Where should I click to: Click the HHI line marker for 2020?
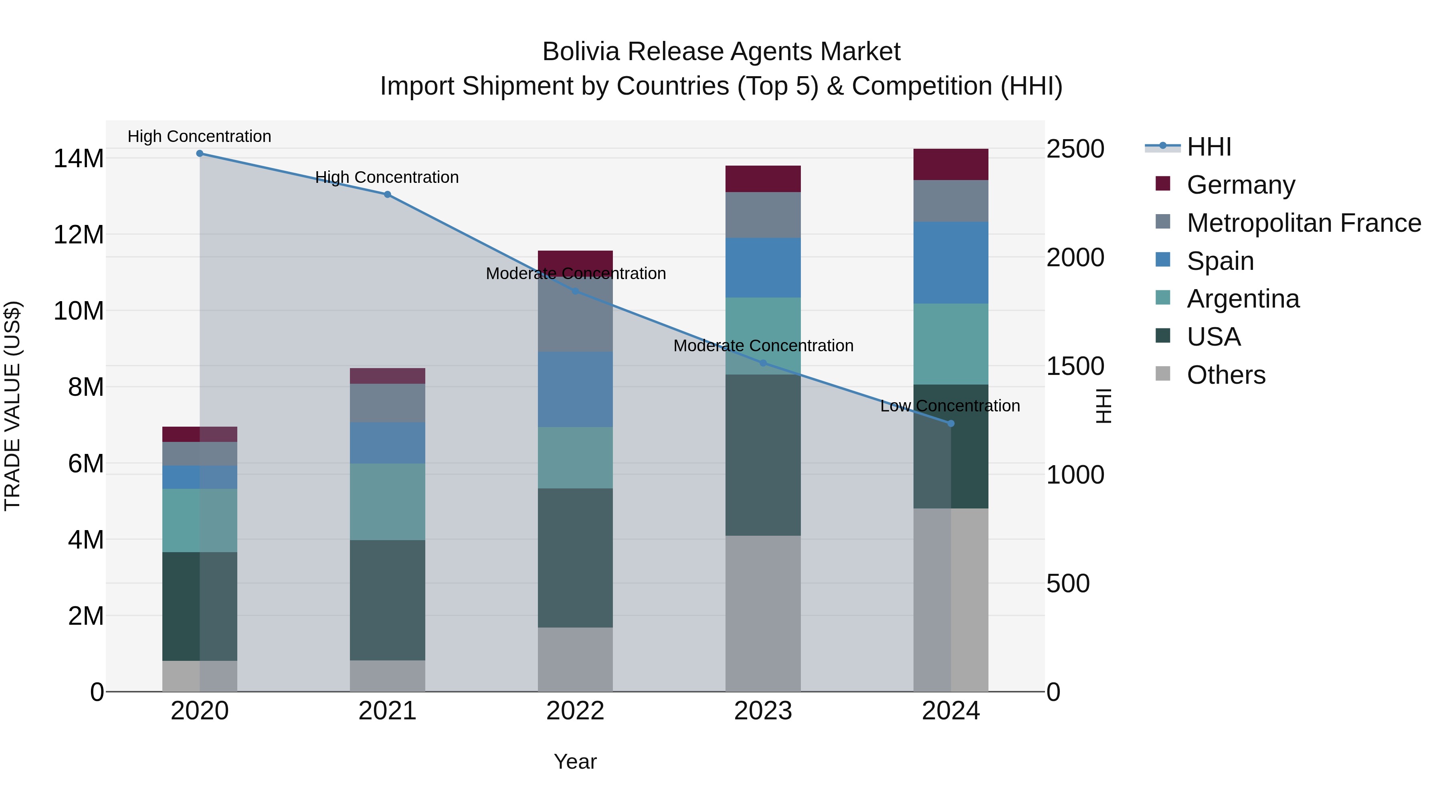click(x=200, y=154)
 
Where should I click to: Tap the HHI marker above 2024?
click(x=951, y=424)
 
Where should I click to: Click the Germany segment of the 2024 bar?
click(x=951, y=165)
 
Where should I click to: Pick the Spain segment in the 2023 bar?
click(x=763, y=267)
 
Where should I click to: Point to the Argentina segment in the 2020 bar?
click(x=200, y=520)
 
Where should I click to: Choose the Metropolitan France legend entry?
click(x=1304, y=223)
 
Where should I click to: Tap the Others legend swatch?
click(x=1163, y=374)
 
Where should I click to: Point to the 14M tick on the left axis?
click(x=79, y=158)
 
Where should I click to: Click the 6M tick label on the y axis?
click(x=86, y=464)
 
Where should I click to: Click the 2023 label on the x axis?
click(x=763, y=711)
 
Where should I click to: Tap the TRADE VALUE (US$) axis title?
click(x=12, y=406)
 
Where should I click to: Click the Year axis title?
click(x=575, y=761)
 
